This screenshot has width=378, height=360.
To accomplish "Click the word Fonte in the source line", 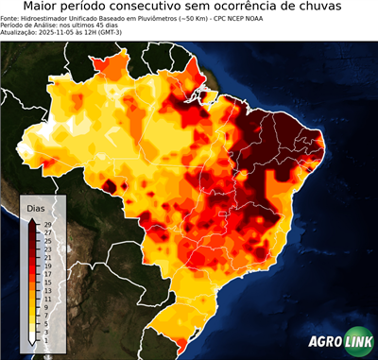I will [11, 19].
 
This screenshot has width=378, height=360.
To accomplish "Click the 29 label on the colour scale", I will [47, 224].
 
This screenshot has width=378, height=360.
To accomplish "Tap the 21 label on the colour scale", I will [47, 257].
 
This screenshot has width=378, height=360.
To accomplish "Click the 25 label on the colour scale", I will [47, 241].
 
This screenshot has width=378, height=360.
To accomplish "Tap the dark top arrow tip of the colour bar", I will [32, 221].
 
